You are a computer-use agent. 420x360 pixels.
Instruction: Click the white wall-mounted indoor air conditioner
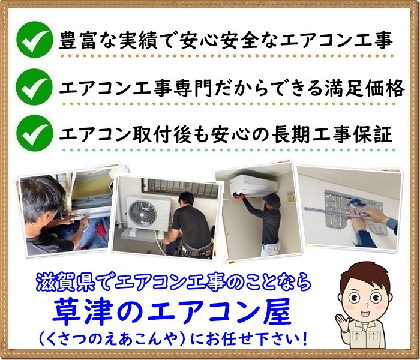253,184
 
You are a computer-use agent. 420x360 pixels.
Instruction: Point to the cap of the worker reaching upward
274,199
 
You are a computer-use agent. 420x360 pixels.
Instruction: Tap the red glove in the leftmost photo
100,229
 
